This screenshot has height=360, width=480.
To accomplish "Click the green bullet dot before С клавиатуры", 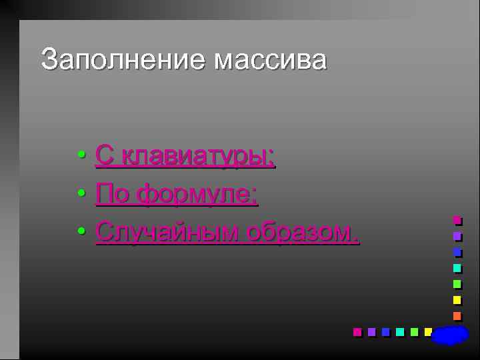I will [80, 156].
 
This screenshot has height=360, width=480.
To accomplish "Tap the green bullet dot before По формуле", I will [80, 194].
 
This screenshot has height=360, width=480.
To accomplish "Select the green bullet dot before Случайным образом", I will [80, 231].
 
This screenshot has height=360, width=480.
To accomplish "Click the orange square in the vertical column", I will [457, 316].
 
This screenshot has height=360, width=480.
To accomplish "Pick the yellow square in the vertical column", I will [457, 300].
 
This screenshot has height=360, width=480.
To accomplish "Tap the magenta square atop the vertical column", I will [457, 220].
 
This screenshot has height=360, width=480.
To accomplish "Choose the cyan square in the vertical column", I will [457, 268].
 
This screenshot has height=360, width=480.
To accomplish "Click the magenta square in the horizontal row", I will [357, 332].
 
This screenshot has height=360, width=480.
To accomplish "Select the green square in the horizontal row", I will [414, 332].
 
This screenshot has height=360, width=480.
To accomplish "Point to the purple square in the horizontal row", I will [371, 332].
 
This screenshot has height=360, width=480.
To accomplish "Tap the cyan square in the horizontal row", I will [400, 332].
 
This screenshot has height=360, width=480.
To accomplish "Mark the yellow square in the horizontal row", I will [428, 331].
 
